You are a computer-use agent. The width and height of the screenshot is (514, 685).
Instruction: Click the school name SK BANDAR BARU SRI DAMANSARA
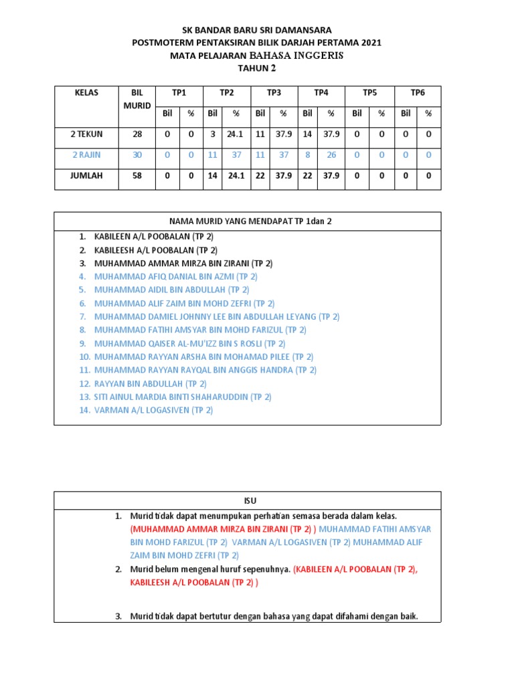[257, 30]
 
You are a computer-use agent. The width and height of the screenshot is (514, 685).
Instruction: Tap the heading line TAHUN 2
[257, 68]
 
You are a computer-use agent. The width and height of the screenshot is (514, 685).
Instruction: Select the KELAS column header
[86, 93]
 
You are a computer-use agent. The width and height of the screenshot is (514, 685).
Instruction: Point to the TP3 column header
[274, 93]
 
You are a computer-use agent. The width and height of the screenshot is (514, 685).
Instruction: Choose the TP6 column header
[418, 93]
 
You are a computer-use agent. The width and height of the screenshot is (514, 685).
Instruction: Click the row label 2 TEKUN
[86, 134]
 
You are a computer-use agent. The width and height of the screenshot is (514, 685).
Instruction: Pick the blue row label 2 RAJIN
[86, 155]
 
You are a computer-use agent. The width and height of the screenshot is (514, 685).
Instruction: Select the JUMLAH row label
[86, 177]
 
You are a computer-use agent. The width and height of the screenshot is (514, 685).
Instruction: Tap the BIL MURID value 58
[137, 177]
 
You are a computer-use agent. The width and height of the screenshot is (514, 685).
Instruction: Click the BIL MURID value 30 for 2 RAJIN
[137, 155]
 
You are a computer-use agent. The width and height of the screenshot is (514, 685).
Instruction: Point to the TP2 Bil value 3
[212, 134]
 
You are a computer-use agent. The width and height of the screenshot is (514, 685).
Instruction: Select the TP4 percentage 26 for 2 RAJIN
[331, 155]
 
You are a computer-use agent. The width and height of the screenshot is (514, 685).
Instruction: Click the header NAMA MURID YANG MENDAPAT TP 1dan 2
[247, 221]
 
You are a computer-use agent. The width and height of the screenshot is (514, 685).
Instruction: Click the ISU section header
[247, 500]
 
